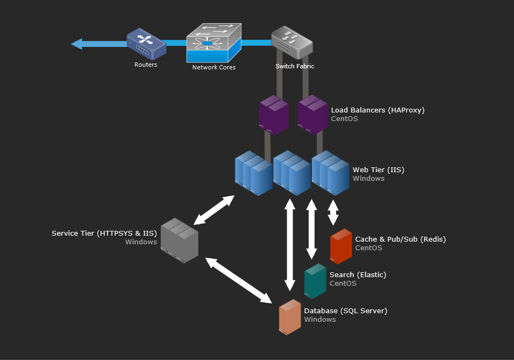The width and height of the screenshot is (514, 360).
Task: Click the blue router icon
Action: point(147,44)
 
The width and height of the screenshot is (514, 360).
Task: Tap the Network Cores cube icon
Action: point(214,43)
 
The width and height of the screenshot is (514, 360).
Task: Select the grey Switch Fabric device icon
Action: point(292,43)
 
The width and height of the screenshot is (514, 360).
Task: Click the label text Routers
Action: point(146,65)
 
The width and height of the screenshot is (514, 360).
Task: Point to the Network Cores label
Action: point(214,67)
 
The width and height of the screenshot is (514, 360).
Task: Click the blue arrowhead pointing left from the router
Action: point(77,44)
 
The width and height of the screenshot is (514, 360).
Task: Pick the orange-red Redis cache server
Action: point(341,246)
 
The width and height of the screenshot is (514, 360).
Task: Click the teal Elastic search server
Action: point(315,281)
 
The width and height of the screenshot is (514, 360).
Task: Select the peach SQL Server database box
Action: point(290,317)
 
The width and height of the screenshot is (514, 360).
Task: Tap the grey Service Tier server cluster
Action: point(180,241)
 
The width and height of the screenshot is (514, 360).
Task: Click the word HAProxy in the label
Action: point(406,110)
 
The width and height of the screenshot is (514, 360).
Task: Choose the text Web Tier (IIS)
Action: point(379,170)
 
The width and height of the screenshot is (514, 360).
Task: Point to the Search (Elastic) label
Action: point(358,274)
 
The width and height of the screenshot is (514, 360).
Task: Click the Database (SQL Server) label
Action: point(346,311)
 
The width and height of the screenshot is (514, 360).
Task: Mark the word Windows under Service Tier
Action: point(141,242)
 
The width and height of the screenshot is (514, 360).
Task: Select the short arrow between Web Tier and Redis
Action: point(333,213)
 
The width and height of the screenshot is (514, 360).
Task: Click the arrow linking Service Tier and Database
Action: point(239,280)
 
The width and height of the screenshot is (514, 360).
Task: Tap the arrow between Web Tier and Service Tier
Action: point(214,210)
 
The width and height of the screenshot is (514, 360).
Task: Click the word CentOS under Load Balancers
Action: point(344,119)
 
